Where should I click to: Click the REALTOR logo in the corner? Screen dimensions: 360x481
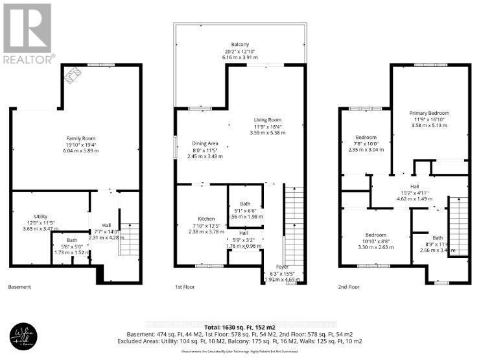28,32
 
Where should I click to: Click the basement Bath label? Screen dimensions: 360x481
72,240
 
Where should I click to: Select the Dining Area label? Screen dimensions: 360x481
205,143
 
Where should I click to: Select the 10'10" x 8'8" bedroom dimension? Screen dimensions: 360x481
367,240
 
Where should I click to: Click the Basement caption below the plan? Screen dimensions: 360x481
19,286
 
